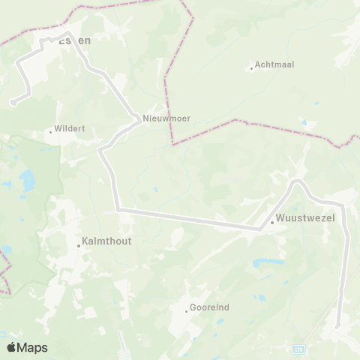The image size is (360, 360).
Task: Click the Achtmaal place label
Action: coord(274,64)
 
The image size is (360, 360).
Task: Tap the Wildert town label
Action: coord(70,128)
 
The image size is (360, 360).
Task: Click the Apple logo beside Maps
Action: coord(11,347)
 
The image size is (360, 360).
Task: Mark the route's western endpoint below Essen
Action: coord(13,103)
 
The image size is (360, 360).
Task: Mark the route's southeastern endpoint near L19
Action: coord(337,326)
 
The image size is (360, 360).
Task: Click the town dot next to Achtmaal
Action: coord(252,68)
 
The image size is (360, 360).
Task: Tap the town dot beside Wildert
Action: coord(51,132)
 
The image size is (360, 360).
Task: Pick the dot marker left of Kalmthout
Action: coord(79,244)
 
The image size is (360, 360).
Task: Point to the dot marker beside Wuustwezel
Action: coord(271,222)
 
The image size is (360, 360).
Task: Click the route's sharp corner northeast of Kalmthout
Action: coord(118,209)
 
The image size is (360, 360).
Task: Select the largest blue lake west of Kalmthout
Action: coord(28,180)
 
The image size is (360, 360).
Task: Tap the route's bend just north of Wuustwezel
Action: coord(296,181)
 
